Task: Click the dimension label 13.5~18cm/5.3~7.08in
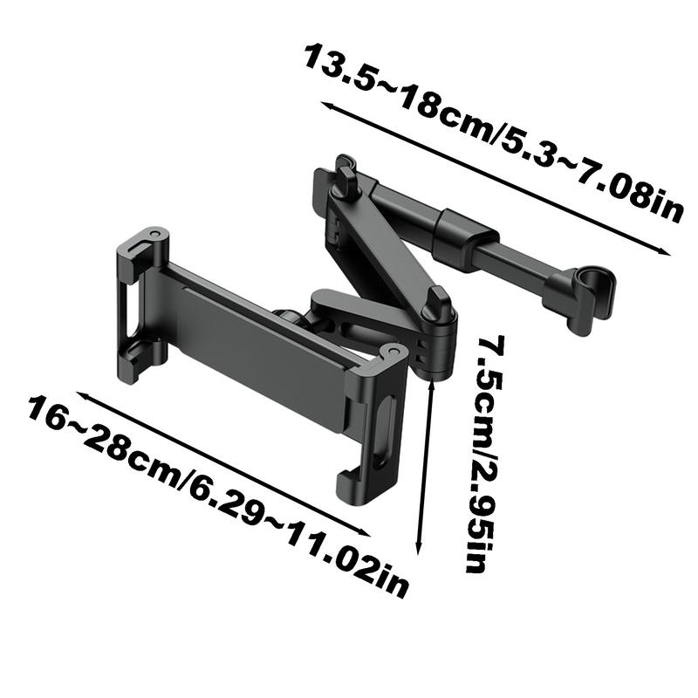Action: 493,132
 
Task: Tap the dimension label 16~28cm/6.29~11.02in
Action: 217,497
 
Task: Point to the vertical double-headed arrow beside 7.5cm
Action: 425,466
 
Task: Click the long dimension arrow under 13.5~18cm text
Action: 496,179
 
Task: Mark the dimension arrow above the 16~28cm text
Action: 223,464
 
